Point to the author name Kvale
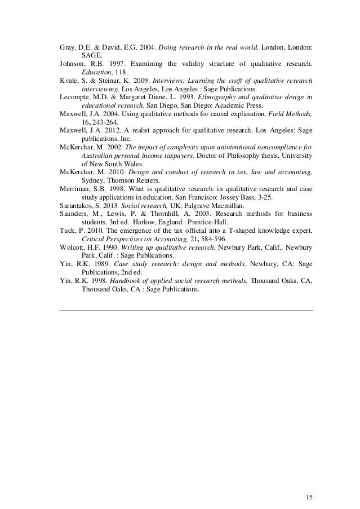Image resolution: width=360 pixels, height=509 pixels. point(69,81)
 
